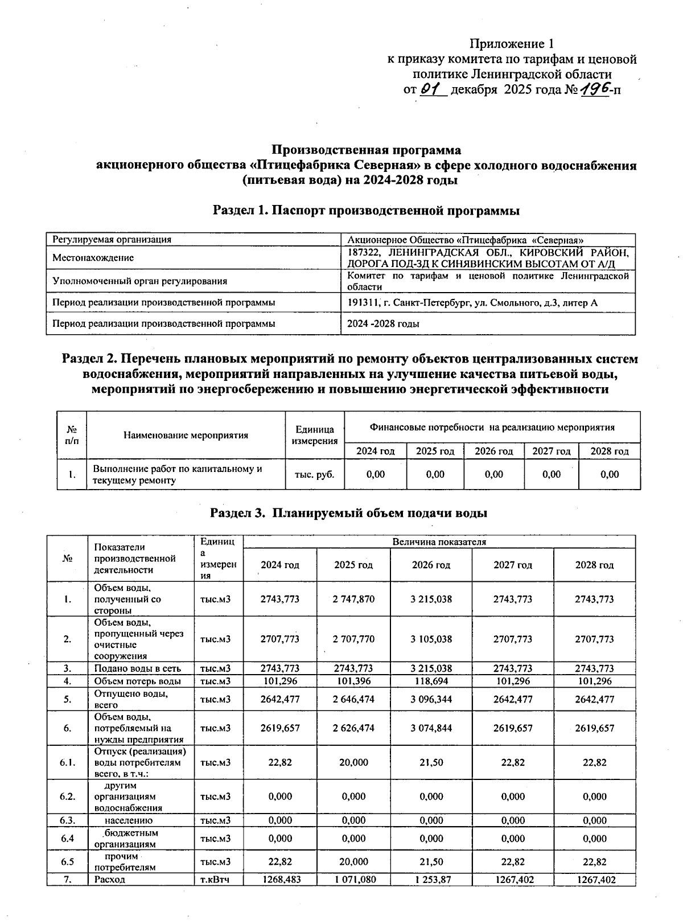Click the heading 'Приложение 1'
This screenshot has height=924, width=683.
tap(511, 44)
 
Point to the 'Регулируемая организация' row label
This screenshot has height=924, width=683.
tap(112, 240)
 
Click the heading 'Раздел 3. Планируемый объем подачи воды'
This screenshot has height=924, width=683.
tap(348, 512)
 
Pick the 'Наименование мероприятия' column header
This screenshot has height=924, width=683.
tap(186, 435)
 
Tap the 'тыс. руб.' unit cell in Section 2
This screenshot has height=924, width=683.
tap(314, 474)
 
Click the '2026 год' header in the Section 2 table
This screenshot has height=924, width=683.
tap(493, 451)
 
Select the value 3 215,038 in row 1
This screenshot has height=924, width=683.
tap(431, 599)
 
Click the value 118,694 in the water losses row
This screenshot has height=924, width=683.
tap(431, 681)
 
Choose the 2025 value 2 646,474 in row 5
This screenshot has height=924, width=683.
tap(353, 699)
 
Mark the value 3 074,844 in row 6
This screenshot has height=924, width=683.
tap(431, 728)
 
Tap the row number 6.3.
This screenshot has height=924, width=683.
tap(67, 820)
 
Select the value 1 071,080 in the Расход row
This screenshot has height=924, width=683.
tap(353, 880)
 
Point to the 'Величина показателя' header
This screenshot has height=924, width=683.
tap(439, 541)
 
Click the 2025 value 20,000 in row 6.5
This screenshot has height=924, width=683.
tap(353, 861)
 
